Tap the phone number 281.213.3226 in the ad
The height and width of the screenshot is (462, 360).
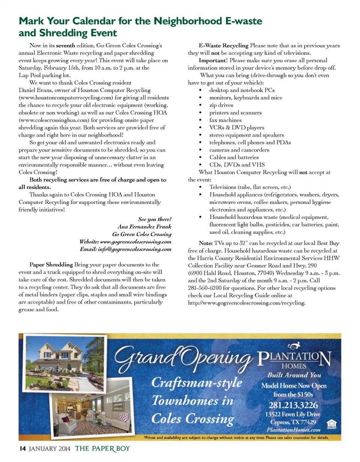pyautogui.click(x=293, y=405)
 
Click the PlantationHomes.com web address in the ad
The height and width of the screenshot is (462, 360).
pyautogui.click(x=293, y=430)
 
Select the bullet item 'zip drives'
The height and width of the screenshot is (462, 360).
pyautogui.click(x=221, y=105)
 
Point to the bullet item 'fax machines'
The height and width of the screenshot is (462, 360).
pyautogui.click(x=225, y=120)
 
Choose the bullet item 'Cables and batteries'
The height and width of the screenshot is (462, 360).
pyautogui.click(x=234, y=157)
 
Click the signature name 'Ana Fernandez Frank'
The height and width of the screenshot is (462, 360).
pyautogui.click(x=144, y=227)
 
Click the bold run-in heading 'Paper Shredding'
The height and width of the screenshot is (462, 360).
pyautogui.click(x=52, y=265)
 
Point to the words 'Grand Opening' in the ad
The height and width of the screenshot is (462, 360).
pyautogui.click(x=184, y=357)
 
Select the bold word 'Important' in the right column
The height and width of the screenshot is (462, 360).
pyautogui.click(x=212, y=60)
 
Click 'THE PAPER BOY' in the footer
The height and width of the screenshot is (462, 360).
pyautogui.click(x=102, y=448)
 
